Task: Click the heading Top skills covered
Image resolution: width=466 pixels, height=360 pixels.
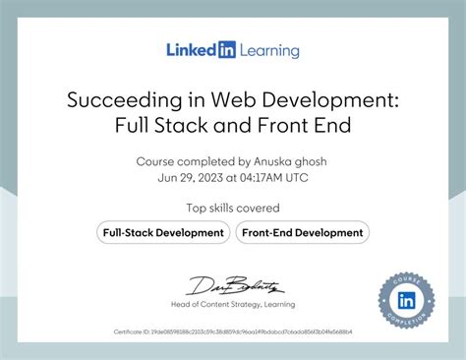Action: point(233,208)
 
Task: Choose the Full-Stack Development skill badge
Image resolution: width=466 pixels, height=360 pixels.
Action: point(163,233)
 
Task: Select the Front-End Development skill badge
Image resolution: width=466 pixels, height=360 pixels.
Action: point(302,233)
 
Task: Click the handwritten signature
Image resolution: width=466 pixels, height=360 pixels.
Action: point(235,286)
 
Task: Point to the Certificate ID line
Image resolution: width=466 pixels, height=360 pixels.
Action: point(233,332)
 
